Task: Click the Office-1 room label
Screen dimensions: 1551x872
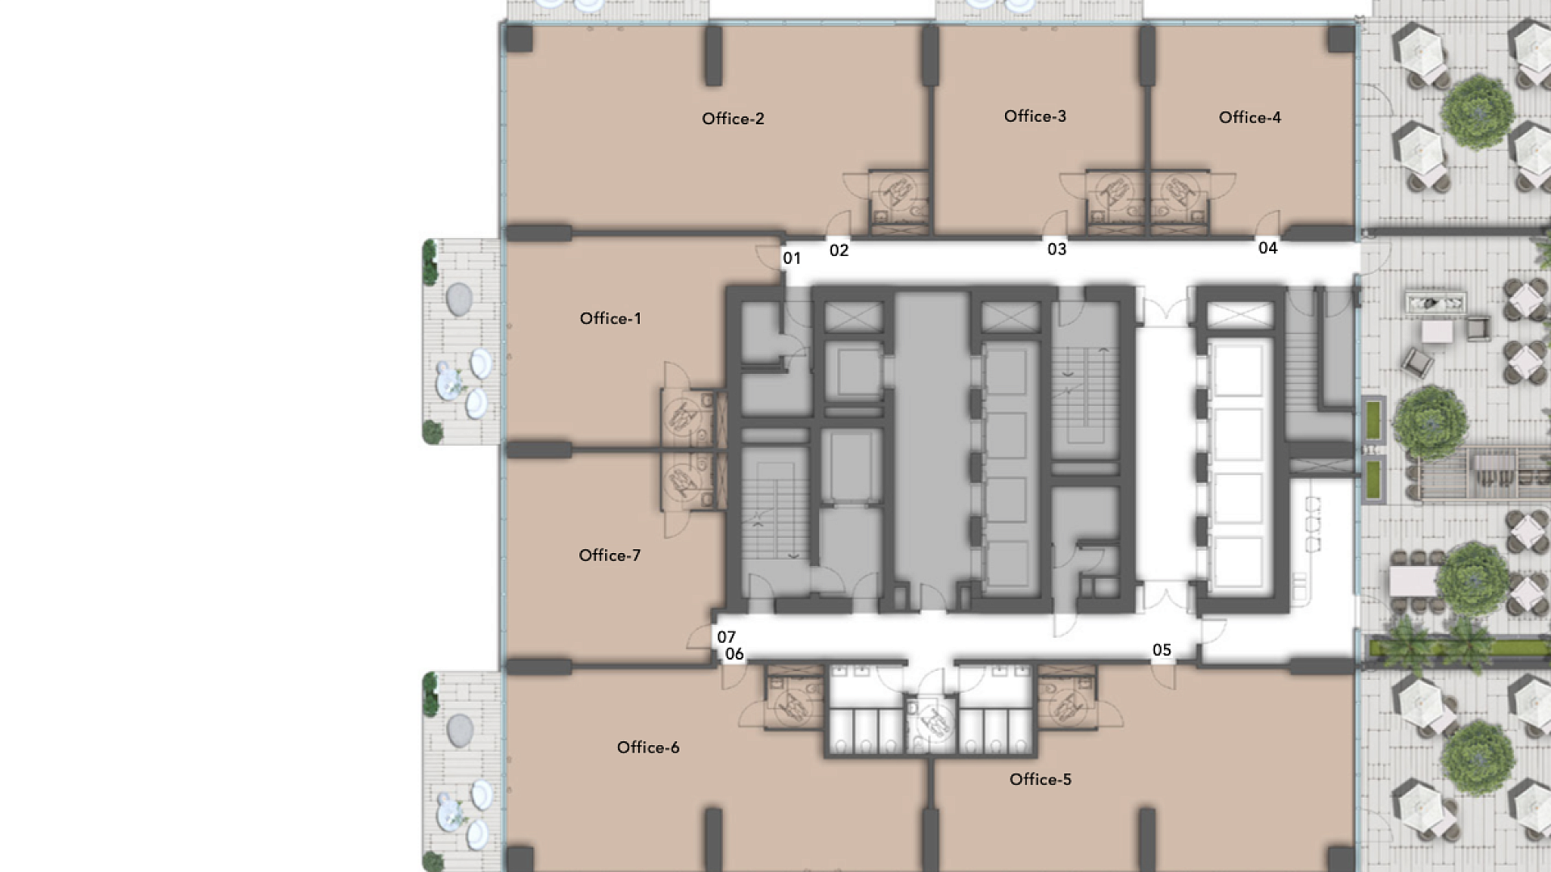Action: click(x=611, y=319)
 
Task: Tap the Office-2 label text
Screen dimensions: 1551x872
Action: click(x=733, y=119)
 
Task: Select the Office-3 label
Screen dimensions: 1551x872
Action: click(x=1035, y=116)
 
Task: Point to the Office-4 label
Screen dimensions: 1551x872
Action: click(x=1250, y=117)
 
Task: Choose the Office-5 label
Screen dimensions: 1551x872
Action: click(x=1040, y=779)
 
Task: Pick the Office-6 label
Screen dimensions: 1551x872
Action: click(x=648, y=748)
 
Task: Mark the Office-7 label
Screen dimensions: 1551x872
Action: click(x=610, y=555)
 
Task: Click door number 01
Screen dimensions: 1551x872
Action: click(x=792, y=258)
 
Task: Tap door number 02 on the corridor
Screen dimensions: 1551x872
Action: click(x=839, y=250)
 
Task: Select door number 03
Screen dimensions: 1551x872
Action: click(x=1057, y=249)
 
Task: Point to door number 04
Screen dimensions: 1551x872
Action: click(x=1268, y=248)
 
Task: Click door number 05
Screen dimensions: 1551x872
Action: click(x=1162, y=650)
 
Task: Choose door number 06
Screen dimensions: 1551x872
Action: click(x=734, y=654)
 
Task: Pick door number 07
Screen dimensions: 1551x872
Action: click(x=726, y=637)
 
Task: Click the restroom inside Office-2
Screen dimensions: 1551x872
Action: click(x=899, y=202)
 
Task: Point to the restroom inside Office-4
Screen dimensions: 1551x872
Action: click(x=1179, y=202)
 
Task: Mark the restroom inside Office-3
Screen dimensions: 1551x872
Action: click(x=1116, y=202)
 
